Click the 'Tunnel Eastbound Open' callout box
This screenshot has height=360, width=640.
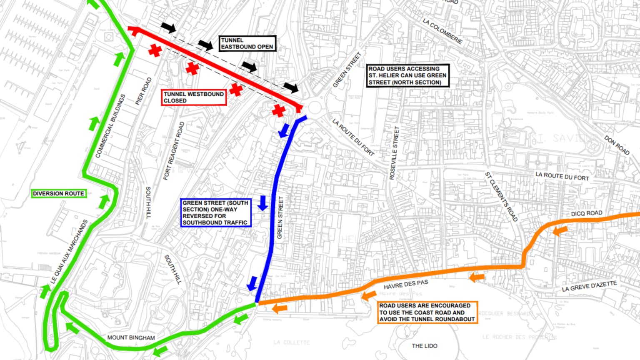pos(247,43)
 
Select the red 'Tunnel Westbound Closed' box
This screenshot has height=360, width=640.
pos(194,97)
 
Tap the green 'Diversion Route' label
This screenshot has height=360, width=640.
pos(59,193)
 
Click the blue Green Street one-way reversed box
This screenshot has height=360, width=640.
pos(216,212)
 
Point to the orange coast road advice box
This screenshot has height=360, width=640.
pos(427,312)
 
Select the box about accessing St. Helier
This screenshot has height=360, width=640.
pos(407,75)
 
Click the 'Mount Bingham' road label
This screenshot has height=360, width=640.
pos(131,337)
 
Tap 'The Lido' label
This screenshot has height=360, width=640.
pos(425,345)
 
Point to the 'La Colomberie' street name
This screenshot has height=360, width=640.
pos(442,31)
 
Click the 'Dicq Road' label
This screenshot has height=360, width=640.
pos(586,213)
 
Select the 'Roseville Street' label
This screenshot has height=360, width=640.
pos(394,153)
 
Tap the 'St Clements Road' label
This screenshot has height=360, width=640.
pos(501,197)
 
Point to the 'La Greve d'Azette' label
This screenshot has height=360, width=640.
pos(589,286)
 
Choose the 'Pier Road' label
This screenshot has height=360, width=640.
pos(143,91)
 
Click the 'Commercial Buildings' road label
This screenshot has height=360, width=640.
pos(110,126)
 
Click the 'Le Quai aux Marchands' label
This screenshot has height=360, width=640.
pos(70,252)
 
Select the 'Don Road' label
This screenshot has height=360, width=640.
pos(617,145)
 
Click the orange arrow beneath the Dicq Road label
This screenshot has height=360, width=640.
pos(560,230)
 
